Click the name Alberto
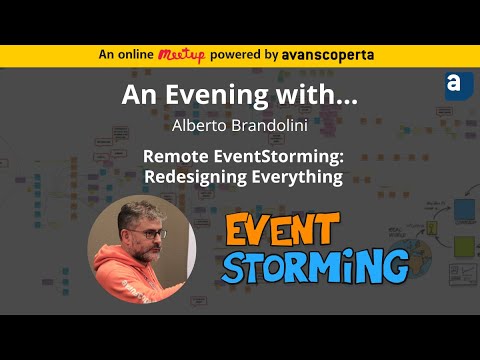198,127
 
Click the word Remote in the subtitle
175,156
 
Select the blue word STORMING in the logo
315,264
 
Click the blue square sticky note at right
465,211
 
